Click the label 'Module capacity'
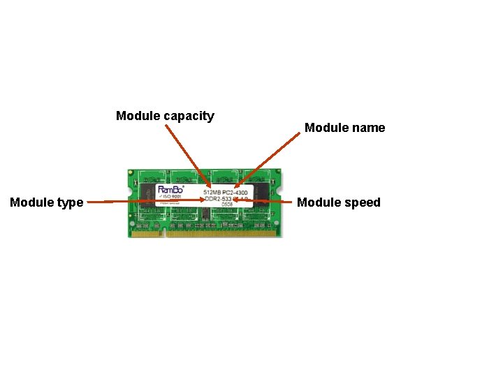pyautogui.click(x=165, y=116)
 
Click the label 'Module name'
pyautogui.click(x=344, y=128)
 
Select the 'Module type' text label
pyautogui.click(x=46, y=202)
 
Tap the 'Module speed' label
pyautogui.click(x=339, y=202)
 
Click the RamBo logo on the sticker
pyautogui.click(x=172, y=189)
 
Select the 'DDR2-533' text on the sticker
pyautogui.click(x=218, y=198)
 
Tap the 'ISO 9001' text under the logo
pyautogui.click(x=172, y=197)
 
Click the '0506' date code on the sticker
pyautogui.click(x=226, y=205)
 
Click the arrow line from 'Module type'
pyautogui.click(x=140, y=201)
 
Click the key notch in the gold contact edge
pyautogui.click(x=165, y=233)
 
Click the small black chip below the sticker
pyautogui.click(x=208, y=212)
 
